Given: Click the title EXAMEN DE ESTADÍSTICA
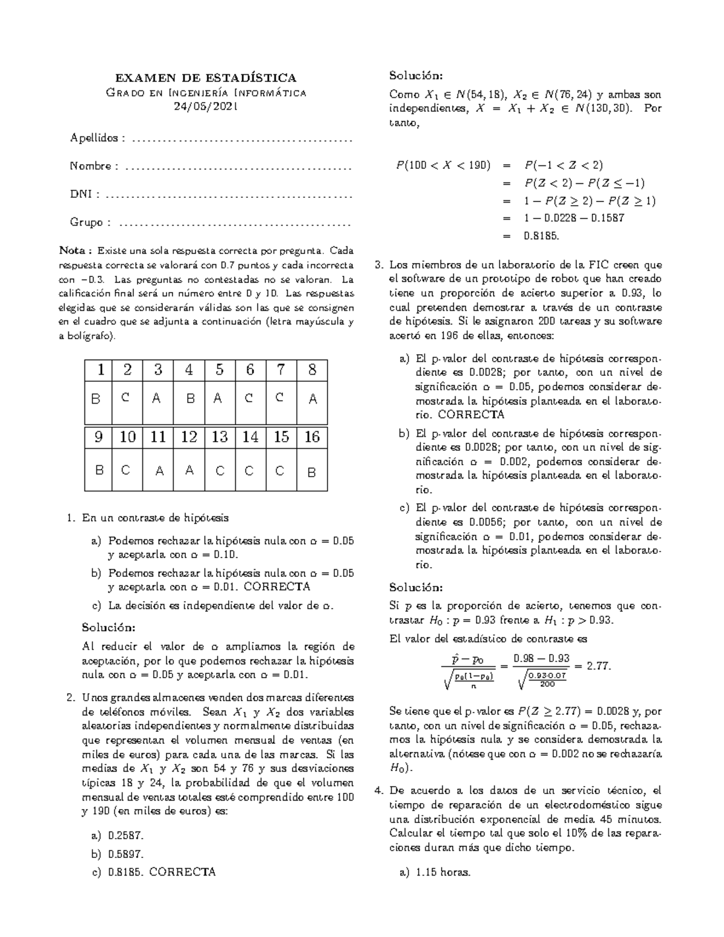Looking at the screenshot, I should coord(206,78).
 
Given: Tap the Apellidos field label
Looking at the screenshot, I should coord(95,138).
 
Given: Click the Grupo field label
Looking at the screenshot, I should coord(87,223).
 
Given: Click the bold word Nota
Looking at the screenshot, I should coord(74,250).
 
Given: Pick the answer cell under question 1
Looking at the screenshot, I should coord(97,399).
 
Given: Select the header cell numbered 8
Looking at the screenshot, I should coord(312,370).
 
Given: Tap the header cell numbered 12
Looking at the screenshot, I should coord(189,437).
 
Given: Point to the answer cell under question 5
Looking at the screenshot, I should coord(219,399).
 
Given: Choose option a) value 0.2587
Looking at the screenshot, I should coord(126,836).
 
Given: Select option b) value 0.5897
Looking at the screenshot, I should coord(126,854).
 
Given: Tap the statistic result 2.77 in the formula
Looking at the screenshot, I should coord(599,666).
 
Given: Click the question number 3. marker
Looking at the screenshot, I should coord(379,265).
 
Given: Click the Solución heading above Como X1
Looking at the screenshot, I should coord(416,76).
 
